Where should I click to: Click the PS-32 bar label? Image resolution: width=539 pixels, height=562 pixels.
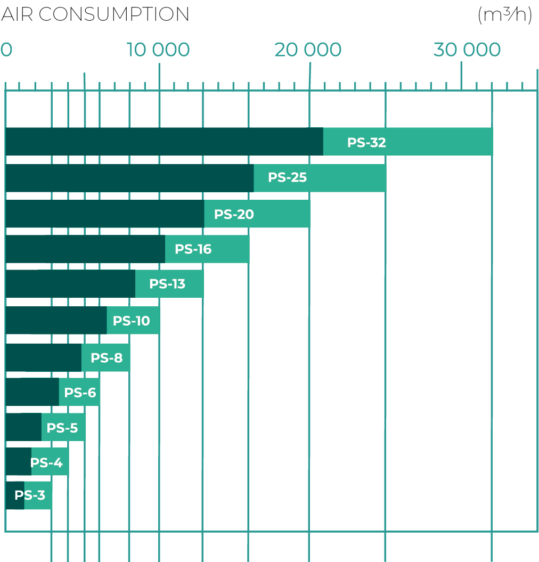(366, 143)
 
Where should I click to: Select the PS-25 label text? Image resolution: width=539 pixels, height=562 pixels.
(288, 177)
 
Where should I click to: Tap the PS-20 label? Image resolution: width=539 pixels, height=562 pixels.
(234, 214)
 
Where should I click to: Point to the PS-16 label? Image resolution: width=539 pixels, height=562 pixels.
(193, 249)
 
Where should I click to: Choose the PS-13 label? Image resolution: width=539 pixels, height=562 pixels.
(167, 284)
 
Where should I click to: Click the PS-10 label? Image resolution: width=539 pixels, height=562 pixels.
(131, 321)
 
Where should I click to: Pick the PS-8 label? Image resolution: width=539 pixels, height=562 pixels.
(107, 358)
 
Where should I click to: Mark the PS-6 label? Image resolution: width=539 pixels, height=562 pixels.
(80, 393)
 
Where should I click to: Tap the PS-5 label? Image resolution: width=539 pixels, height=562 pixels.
(62, 428)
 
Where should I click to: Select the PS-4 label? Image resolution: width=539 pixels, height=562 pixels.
(46, 463)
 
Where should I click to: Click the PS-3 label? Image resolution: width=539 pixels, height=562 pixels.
(30, 495)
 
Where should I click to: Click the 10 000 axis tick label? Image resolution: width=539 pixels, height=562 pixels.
(158, 50)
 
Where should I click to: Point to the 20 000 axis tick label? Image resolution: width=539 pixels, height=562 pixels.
(308, 50)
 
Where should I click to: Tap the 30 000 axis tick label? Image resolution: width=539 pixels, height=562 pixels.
(467, 50)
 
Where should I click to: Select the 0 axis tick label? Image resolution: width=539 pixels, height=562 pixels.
(6, 50)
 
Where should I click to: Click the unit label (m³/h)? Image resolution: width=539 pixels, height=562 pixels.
(505, 15)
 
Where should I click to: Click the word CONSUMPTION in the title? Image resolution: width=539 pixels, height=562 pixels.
(113, 15)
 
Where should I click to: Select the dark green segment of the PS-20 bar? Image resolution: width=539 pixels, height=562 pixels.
(104, 214)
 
